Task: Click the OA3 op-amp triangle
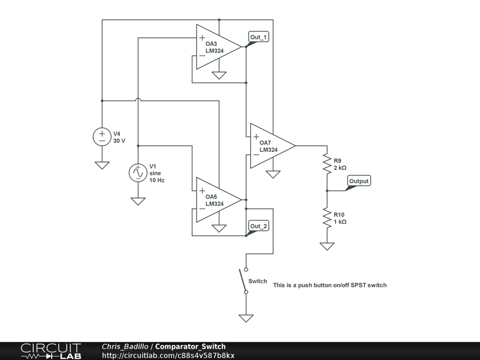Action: (216, 47)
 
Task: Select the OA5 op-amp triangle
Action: (216, 200)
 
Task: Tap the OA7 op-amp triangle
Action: (270, 146)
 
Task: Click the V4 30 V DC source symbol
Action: (102, 137)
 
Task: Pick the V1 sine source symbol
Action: (138, 172)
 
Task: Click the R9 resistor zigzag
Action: (327, 164)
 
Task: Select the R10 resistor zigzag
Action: (327, 218)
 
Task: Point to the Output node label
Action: (359, 181)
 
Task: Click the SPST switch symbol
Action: (244, 280)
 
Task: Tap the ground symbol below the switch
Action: (246, 318)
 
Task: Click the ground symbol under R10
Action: (327, 246)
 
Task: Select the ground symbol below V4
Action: (102, 165)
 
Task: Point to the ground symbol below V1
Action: (138, 201)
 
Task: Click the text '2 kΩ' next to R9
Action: (340, 168)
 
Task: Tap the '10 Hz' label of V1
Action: (157, 180)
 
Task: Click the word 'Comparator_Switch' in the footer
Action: (190, 347)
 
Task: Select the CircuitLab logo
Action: (51, 351)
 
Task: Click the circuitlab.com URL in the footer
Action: (168, 356)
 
